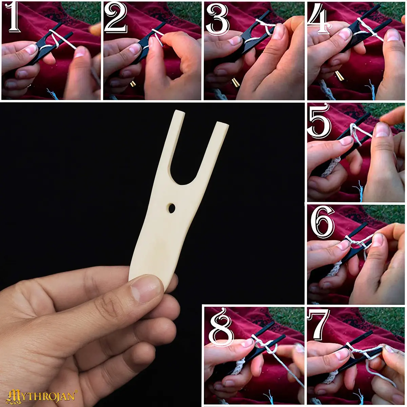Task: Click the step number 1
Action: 14,18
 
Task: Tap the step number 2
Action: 116,18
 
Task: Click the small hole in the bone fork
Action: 172,208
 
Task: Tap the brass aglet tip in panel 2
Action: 133,84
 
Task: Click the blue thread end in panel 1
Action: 53,94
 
